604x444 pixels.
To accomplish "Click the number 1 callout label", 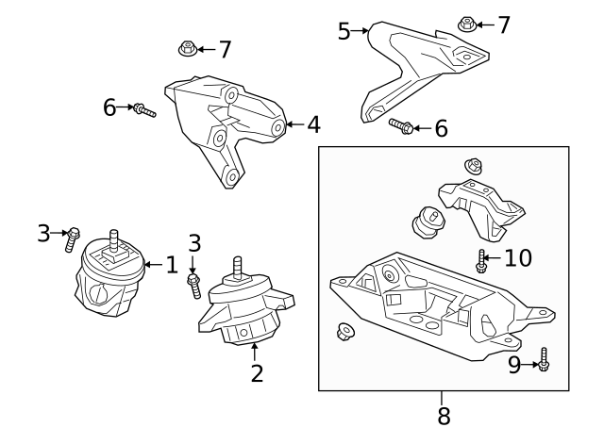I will tap(171, 265).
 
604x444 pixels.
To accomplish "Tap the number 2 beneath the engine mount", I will tap(257, 373).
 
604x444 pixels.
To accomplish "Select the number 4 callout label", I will tap(313, 123).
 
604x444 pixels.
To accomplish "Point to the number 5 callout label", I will tap(344, 31).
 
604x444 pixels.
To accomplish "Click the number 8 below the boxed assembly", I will tap(444, 415).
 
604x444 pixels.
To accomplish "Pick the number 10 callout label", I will tap(517, 257).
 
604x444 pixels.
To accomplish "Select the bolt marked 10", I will tap(481, 261).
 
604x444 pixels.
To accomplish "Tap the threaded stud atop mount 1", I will tap(114, 239).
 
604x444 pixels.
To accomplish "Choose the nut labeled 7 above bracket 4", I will tap(186, 46).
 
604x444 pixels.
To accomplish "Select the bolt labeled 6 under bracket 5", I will tap(399, 125).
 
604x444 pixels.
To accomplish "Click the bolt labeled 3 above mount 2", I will tap(194, 283).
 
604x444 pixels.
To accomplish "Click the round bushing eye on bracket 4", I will tap(277, 127).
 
